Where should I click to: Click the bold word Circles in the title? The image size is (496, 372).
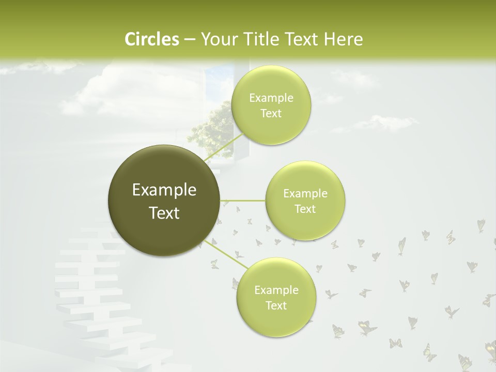151,39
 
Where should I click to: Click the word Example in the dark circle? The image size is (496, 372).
164,190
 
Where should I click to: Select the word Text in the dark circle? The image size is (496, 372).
164,213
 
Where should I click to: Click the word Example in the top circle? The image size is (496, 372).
271,98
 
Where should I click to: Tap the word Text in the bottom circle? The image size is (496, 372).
276,305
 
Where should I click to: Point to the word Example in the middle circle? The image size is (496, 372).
305,194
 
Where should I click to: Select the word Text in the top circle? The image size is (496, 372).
271,114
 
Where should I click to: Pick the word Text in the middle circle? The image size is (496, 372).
305,209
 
